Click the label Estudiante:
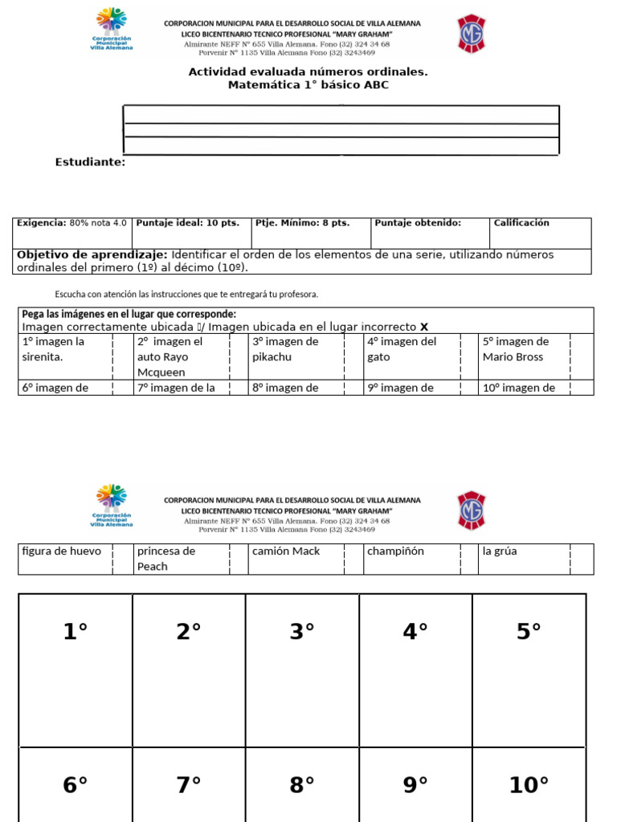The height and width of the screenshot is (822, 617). [90, 162]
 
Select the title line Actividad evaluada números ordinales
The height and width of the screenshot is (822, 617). [308, 71]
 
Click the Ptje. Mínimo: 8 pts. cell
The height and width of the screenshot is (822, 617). [302, 223]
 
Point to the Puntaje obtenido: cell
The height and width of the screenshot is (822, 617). [418, 223]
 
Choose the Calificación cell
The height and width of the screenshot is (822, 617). [521, 223]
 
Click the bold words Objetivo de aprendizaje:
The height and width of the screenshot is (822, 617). [92, 254]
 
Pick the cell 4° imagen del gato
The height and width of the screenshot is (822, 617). [402, 349]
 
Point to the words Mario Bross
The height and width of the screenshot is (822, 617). [513, 357]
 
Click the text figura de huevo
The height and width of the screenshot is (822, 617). [62, 551]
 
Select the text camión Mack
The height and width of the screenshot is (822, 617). [286, 551]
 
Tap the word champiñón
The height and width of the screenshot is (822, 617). [395, 551]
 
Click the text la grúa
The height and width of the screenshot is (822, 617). [500, 551]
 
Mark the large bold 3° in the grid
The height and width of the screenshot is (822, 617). [302, 633]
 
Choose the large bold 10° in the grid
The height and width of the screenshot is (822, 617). [529, 785]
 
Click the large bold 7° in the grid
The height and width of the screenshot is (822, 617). [189, 785]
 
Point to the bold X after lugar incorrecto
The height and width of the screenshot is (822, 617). [425, 327]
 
